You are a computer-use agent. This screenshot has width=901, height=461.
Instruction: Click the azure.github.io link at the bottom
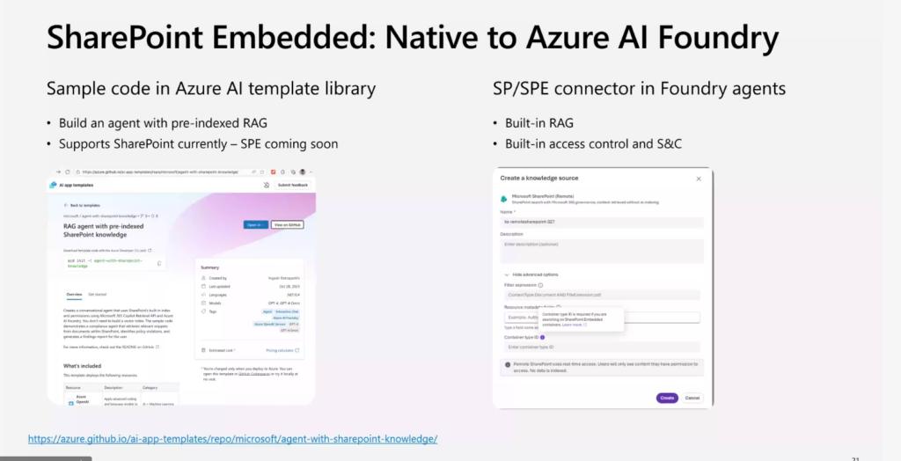232,438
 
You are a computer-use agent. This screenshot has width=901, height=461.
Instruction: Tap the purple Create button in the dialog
667,398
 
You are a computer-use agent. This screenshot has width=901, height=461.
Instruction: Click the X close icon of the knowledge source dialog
699,178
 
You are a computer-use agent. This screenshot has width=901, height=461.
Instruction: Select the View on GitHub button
287,224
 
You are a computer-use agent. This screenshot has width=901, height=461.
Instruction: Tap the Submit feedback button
293,185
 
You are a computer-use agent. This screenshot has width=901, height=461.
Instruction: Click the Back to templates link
84,205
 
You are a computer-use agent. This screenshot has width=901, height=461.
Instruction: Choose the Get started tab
98,294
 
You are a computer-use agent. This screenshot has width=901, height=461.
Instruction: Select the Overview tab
74,294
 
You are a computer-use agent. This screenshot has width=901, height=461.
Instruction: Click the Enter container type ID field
602,348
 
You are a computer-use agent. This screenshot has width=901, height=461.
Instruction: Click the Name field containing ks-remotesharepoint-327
602,222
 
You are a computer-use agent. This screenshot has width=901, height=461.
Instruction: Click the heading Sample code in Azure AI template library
211,89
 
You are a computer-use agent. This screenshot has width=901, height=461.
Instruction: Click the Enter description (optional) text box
602,250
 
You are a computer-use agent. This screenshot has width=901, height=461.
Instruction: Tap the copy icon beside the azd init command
159,262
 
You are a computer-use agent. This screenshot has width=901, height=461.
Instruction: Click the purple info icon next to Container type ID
543,337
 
